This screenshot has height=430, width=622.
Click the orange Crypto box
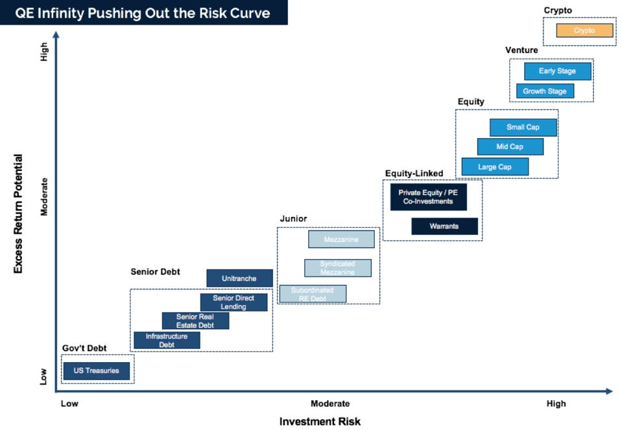pos(584,30)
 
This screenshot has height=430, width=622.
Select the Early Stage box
pos(557,71)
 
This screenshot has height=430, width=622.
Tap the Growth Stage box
pos(545,91)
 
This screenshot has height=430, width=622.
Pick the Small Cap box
pos(523,128)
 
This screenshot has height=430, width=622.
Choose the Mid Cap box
pos(510,147)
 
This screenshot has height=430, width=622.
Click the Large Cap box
pos(495,167)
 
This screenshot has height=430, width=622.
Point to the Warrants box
pos(444,227)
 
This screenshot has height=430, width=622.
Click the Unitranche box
pos(239,278)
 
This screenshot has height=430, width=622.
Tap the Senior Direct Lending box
pos(233,302)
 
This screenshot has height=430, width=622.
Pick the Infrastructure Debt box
pos(167,341)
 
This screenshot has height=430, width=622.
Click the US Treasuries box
pos(97,371)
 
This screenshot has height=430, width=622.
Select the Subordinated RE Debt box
pos(313,294)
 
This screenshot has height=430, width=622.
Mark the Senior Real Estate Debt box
pos(195,321)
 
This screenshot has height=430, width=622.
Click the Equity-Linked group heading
pos(414,174)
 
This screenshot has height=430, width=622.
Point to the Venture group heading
pos(521,51)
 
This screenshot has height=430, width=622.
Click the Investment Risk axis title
pos(320,422)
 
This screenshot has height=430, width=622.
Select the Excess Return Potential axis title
pos(18,213)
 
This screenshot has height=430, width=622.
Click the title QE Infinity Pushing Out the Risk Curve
pos(143,12)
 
